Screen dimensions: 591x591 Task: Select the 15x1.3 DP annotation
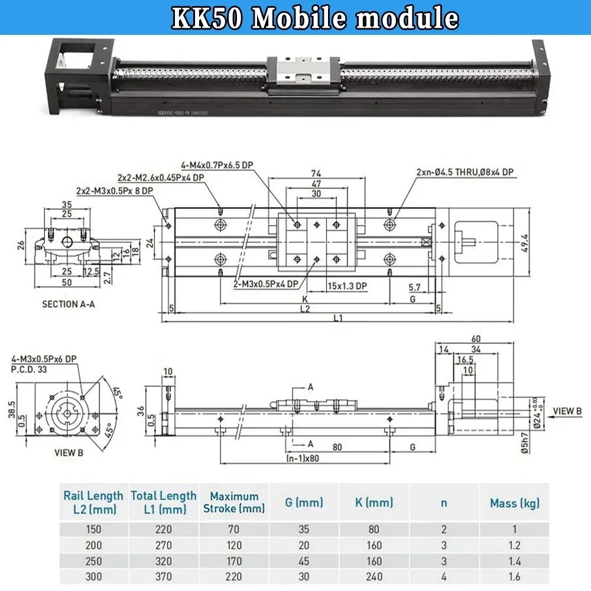coord(348,286)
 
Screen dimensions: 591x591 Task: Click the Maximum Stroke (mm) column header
coord(234,502)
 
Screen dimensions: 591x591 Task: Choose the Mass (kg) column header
coord(515,504)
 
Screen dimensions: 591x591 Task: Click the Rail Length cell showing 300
coord(93,576)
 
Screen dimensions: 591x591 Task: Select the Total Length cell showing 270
coord(163,545)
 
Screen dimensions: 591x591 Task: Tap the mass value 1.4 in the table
coord(515,561)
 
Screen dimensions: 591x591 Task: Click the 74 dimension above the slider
coord(316,173)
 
